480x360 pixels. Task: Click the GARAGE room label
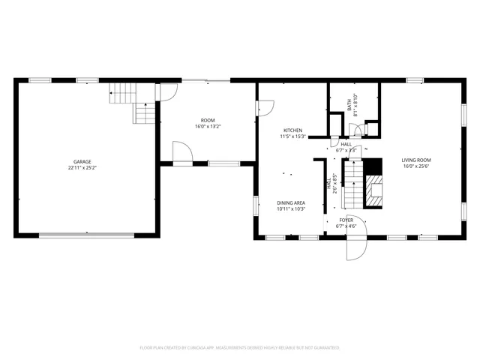(x=82, y=162)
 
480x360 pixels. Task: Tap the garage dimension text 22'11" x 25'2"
(x=82, y=168)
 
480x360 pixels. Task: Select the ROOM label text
(x=208, y=120)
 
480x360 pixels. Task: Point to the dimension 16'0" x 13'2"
(x=208, y=126)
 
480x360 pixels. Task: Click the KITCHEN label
(x=292, y=130)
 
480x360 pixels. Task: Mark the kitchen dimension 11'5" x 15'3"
(x=292, y=136)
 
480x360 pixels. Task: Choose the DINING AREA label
(x=291, y=202)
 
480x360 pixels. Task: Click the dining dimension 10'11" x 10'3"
(x=291, y=208)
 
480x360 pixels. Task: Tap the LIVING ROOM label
(x=416, y=160)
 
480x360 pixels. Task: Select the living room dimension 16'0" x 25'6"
(x=416, y=166)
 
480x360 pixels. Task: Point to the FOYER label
(x=346, y=219)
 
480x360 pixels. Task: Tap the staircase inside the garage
(x=135, y=103)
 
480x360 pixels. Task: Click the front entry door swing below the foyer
(x=355, y=238)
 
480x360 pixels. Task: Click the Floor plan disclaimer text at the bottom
(x=240, y=348)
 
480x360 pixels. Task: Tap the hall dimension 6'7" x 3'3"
(x=346, y=150)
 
